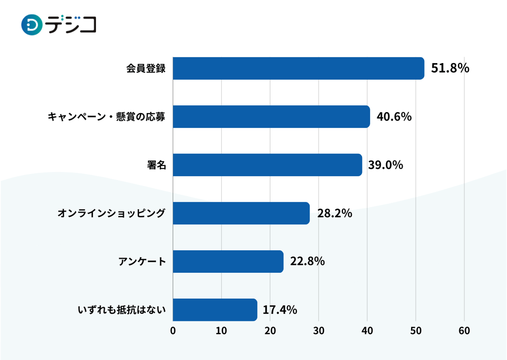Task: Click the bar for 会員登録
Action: [298, 68]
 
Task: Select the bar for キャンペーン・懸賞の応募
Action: [271, 117]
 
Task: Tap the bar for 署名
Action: [267, 165]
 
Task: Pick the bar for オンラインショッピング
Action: [241, 213]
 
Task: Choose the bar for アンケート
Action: [228, 262]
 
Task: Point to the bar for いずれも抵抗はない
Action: [215, 310]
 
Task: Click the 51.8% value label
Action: [450, 68]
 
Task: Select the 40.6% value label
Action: [394, 117]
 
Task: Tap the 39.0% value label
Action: [385, 165]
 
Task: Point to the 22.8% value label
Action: [307, 262]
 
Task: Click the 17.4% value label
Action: [280, 310]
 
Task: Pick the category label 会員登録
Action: [146, 69]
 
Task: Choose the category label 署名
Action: [156, 165]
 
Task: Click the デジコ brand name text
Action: [71, 25]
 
